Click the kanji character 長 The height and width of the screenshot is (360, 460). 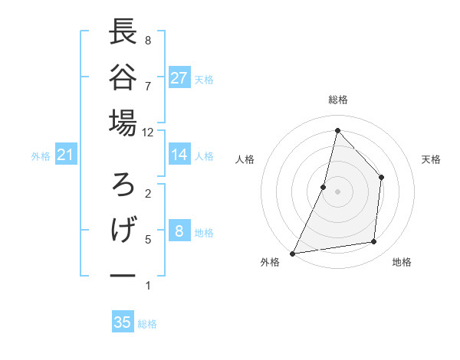(x=123, y=32)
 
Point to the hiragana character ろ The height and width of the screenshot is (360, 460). (x=123, y=185)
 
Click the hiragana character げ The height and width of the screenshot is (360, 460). (x=123, y=230)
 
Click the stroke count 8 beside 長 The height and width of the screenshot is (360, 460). (x=147, y=40)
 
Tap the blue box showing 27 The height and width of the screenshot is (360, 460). (x=179, y=77)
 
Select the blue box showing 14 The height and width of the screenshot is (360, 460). (x=179, y=155)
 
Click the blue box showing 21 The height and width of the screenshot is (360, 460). (x=66, y=155)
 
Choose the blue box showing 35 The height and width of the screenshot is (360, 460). (x=123, y=322)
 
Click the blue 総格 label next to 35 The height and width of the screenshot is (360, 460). (x=147, y=324)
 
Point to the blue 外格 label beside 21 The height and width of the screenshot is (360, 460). (x=41, y=156)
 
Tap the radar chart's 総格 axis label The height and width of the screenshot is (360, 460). (x=338, y=100)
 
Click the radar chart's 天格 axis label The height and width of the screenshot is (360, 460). (x=432, y=159)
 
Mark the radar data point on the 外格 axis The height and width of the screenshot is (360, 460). (x=292, y=253)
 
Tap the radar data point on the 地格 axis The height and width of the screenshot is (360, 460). (x=374, y=242)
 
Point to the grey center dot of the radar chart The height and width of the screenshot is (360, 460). (x=338, y=191)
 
